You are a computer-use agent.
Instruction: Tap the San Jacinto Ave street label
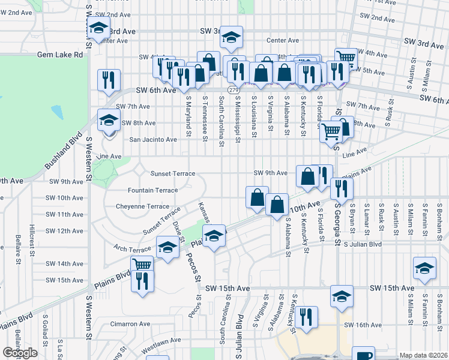154,140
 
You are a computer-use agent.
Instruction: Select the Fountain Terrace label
152,190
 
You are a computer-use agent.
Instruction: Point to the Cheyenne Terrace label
143,206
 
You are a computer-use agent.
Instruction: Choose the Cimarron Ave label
130,324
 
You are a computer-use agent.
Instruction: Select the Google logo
20,353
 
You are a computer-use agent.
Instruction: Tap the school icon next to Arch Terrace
168,246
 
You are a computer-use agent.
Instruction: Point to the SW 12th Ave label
64,231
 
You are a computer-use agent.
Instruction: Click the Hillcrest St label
32,240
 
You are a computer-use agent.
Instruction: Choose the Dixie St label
177,229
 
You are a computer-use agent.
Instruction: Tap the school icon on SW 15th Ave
342,296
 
